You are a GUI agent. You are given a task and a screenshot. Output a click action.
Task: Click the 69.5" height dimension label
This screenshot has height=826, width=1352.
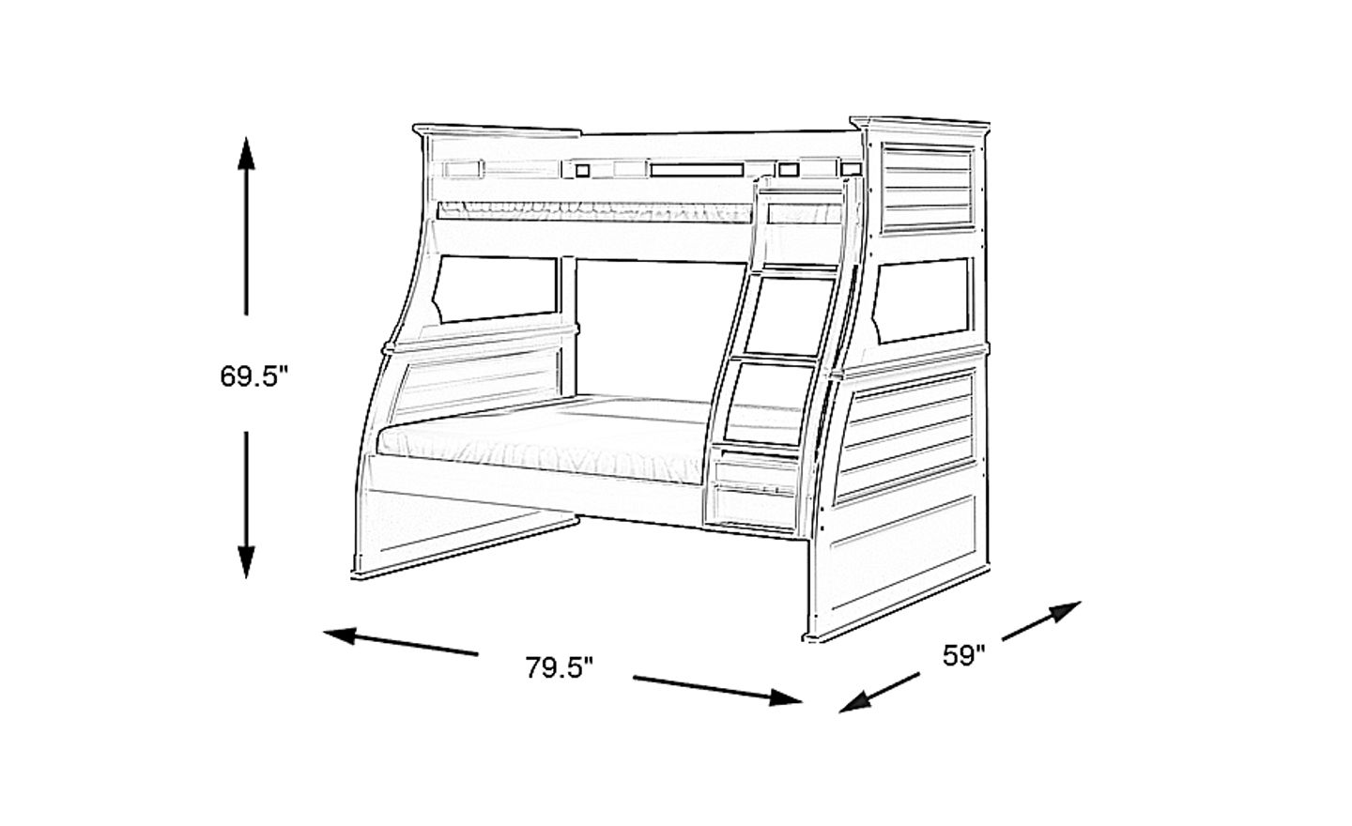253,376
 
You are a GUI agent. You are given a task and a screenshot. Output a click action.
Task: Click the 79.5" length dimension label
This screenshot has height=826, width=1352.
560,667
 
